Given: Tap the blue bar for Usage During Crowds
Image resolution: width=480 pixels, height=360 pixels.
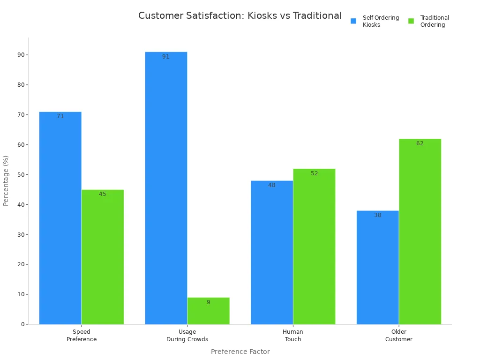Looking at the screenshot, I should coord(166,187).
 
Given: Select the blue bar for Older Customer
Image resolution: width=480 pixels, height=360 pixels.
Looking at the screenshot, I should coord(377,267).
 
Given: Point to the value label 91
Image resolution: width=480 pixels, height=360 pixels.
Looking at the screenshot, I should coord(166,57).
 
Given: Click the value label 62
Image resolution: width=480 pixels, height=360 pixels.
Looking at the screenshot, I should coord(420,143).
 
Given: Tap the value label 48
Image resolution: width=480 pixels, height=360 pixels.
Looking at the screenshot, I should coord(272,185).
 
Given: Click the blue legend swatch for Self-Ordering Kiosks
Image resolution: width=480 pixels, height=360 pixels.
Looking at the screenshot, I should coord(353,21).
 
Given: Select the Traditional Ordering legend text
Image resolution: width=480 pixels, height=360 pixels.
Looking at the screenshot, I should coord(434,21).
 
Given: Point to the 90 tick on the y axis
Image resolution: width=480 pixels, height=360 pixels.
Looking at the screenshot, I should coord(21,55).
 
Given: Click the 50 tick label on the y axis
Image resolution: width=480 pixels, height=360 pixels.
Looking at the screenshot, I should coord(21,175).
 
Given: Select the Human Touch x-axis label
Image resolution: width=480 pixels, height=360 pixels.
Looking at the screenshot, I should coord(293,335).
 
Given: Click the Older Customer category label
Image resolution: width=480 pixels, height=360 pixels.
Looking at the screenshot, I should coord(398,335).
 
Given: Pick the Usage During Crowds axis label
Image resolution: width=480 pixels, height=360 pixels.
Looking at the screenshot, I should coord(187,335).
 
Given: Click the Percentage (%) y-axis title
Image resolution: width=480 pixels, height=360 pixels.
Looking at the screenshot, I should coord(6,180).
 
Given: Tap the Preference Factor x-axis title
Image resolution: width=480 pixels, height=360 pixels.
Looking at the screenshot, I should coord(240,352).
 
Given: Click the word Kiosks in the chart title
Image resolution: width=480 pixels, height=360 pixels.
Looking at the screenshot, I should coord(262,15).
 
